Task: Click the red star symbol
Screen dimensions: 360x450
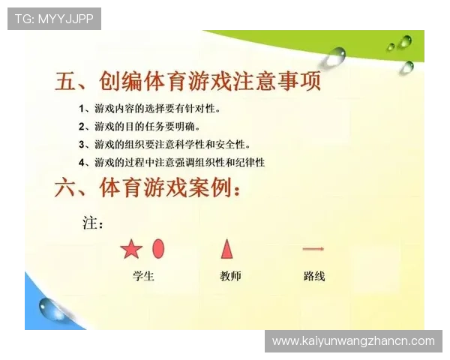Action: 130,249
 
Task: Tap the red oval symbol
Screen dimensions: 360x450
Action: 158,248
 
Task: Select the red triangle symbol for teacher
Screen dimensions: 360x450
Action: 226,248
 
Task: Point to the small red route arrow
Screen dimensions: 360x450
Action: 313,248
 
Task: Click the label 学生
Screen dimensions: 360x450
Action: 142,276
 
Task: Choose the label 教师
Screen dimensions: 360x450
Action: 230,276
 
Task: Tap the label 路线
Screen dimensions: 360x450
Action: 314,276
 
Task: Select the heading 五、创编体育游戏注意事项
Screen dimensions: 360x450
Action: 187,81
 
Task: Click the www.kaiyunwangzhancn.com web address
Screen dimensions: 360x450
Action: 353,341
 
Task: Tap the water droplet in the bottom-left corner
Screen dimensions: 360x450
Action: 52,308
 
